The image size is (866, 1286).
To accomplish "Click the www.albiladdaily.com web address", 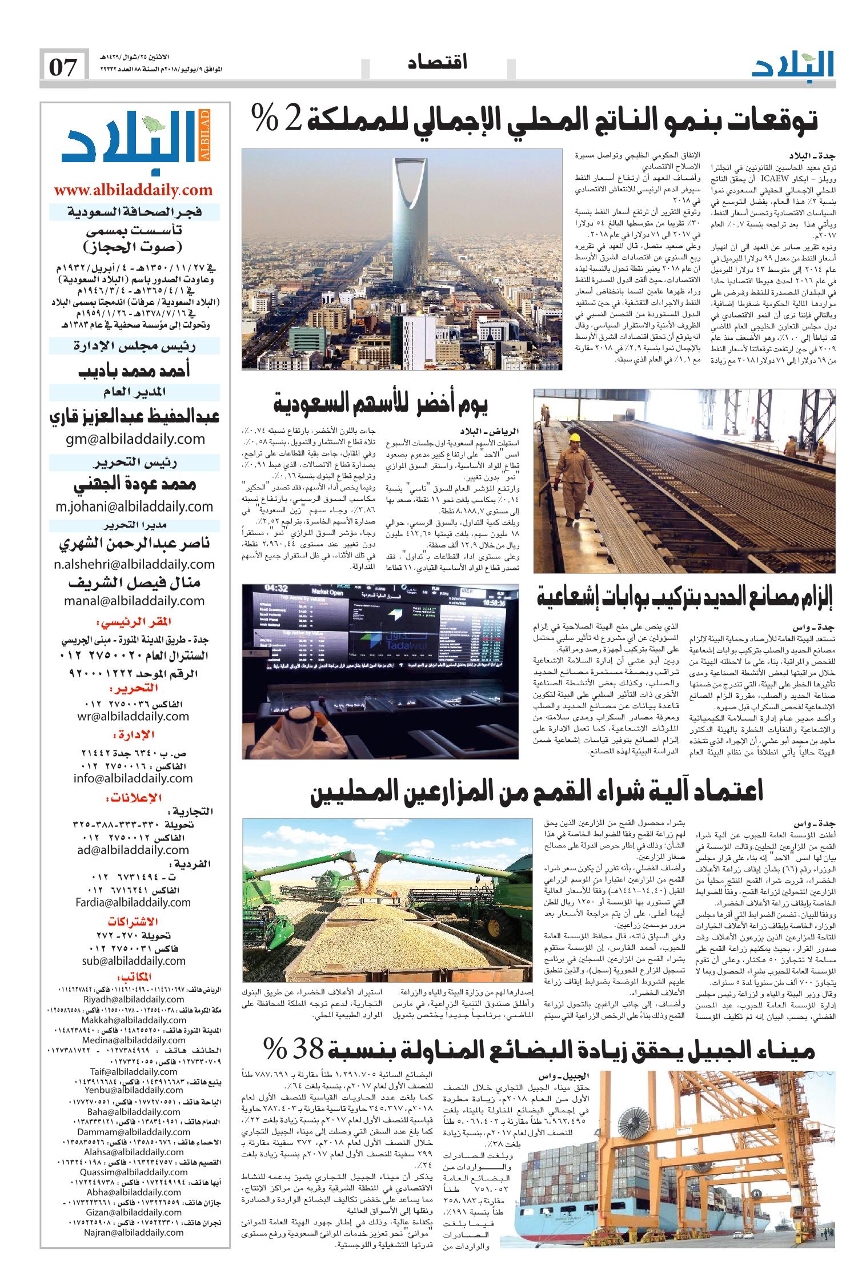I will [x=133, y=190].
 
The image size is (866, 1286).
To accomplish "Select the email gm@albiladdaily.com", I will [x=135, y=439].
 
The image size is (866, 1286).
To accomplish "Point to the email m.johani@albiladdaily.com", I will [x=135, y=506].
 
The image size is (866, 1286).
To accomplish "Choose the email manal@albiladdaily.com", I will [x=135, y=600].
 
